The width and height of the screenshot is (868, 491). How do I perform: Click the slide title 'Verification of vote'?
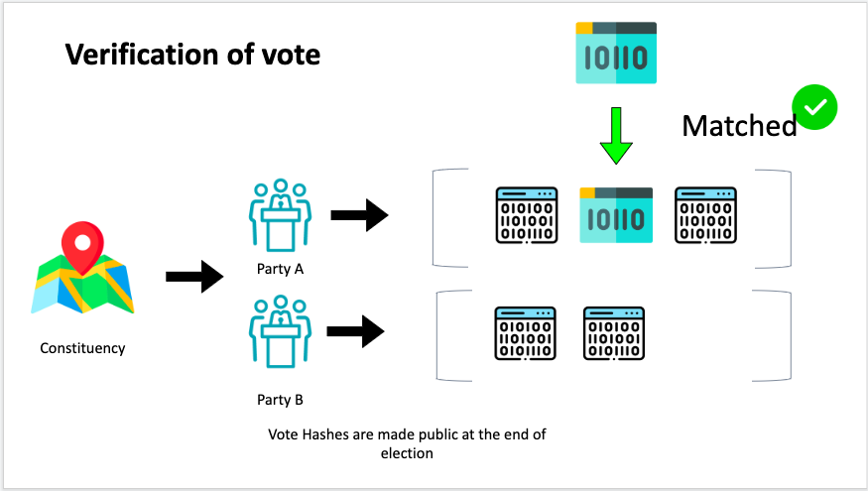[x=192, y=54]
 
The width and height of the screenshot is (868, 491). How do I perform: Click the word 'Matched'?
[x=739, y=126]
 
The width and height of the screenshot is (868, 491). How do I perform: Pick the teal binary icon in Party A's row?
[x=616, y=214]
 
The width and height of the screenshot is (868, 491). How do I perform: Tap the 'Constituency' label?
[x=82, y=348]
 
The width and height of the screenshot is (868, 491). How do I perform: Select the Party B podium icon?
[x=280, y=329]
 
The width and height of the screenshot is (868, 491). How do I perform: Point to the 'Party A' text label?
[x=279, y=269]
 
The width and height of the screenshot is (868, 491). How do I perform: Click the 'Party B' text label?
[x=279, y=401]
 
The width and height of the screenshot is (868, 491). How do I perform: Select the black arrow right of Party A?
[x=358, y=214]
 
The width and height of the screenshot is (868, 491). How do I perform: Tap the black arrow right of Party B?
[x=356, y=330]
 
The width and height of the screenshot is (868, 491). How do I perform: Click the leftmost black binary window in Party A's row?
[x=526, y=214]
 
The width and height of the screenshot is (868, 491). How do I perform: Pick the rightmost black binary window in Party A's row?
[x=705, y=214]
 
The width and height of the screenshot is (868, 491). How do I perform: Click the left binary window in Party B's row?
[x=525, y=332]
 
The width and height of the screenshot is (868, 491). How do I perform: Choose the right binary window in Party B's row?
[x=614, y=332]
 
